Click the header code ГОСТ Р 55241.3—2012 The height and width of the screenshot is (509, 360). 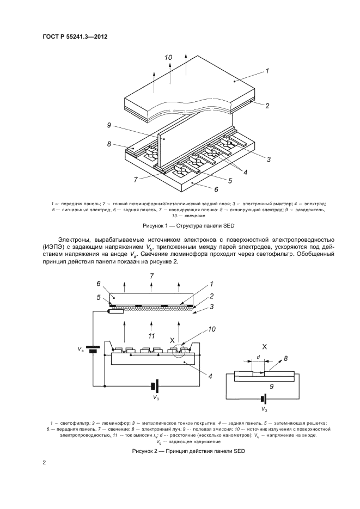[x=79, y=36]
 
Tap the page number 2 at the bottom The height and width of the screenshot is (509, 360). [x=44, y=463]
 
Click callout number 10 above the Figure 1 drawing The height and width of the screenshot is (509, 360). [x=168, y=57]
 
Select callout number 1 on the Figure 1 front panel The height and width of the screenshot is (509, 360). [x=267, y=71]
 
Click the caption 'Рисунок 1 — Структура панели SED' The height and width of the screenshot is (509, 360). [x=180, y=225]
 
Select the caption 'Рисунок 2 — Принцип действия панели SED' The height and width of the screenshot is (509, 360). [x=180, y=452]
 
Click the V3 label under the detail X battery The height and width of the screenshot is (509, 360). [x=265, y=409]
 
